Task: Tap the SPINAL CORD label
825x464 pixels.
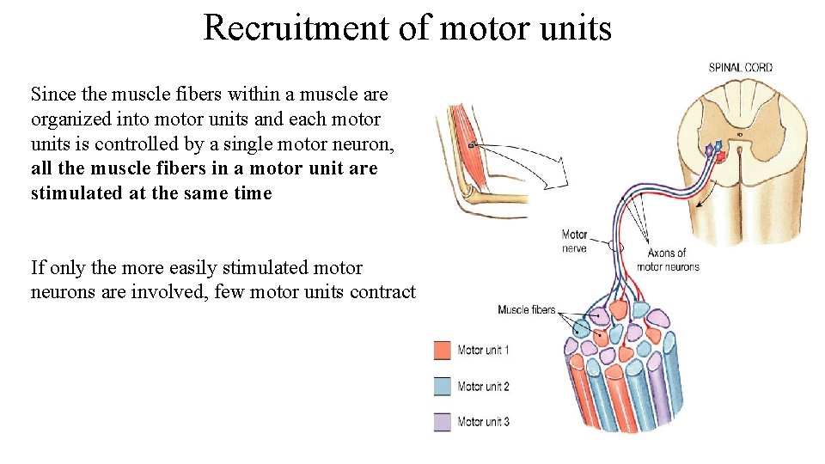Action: (740, 67)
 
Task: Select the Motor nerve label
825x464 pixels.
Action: (574, 241)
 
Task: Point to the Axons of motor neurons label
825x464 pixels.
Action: (668, 259)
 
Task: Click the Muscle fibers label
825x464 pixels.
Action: (526, 309)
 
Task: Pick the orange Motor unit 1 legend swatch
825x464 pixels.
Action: (443, 351)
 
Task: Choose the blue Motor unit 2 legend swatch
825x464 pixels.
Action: (443, 387)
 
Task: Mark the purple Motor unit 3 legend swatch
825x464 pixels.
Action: (443, 422)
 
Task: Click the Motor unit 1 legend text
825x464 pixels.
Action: (483, 351)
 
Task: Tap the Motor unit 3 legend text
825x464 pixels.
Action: (483, 422)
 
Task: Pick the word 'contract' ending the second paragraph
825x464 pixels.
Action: (382, 292)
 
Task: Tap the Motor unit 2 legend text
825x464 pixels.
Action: (483, 387)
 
